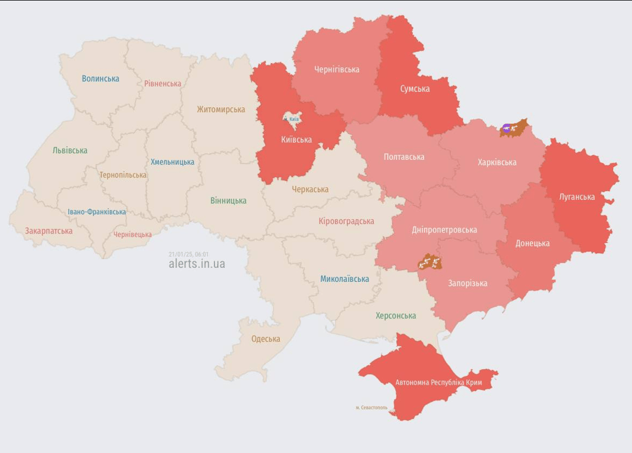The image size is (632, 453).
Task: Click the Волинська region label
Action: click(x=100, y=78)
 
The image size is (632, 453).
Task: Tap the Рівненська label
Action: click(x=162, y=84)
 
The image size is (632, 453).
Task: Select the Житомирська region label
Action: click(x=221, y=109)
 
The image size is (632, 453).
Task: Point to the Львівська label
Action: click(x=70, y=150)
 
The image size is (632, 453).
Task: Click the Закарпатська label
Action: click(x=48, y=231)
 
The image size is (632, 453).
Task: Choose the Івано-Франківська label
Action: click(x=96, y=212)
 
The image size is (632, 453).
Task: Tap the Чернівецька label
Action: click(x=132, y=235)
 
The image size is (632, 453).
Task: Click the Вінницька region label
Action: click(x=228, y=201)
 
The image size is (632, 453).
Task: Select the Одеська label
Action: click(x=266, y=339)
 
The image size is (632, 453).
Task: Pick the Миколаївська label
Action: click(x=344, y=279)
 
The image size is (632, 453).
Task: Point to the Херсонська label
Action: click(x=396, y=316)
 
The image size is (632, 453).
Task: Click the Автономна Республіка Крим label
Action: click(x=439, y=382)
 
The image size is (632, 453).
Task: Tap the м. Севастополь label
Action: click(x=372, y=408)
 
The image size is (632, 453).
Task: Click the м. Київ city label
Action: click(x=291, y=119)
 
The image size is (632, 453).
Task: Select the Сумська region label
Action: click(x=415, y=89)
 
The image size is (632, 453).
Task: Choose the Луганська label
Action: click(x=577, y=196)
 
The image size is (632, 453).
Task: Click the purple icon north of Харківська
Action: click(x=507, y=127)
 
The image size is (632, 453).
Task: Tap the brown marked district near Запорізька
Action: click(x=430, y=262)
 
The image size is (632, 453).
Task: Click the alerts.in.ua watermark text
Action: click(x=197, y=264)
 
